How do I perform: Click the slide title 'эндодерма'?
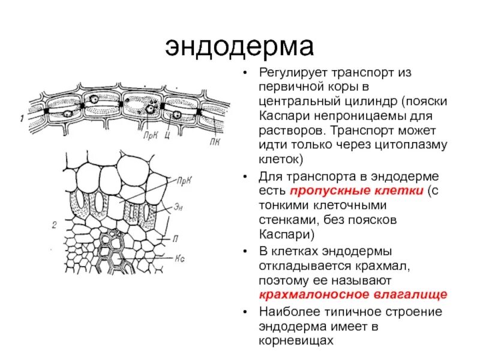(x=239, y=46)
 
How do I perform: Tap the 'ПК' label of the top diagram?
(x=214, y=143)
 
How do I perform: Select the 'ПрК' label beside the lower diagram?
(x=185, y=179)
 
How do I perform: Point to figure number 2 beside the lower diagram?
(x=55, y=225)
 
